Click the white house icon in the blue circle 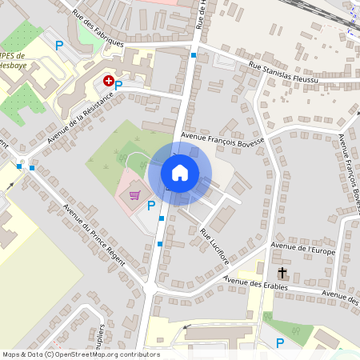pyautogui.click(x=180, y=172)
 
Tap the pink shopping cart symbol pyautogui.click(x=135, y=194)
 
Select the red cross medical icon pyautogui.click(x=108, y=81)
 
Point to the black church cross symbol pyautogui.click(x=282, y=274)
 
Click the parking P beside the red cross pyautogui.click(x=118, y=85)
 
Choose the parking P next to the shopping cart pyautogui.click(x=151, y=206)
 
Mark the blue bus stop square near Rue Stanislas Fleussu pyautogui.click(x=194, y=55)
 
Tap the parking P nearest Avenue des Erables pyautogui.click(x=279, y=343)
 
